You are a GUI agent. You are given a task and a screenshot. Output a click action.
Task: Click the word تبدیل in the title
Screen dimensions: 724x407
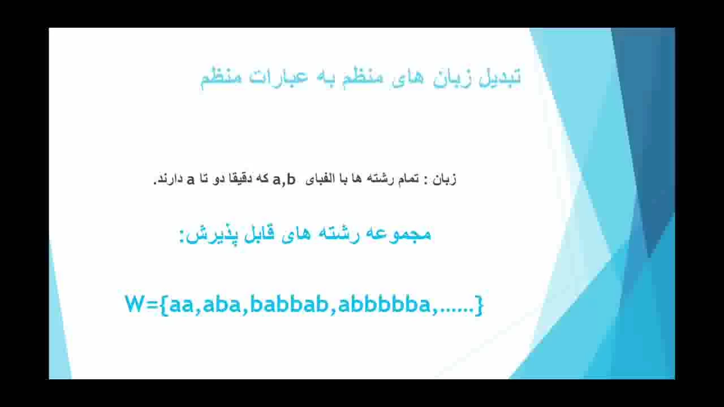(499, 77)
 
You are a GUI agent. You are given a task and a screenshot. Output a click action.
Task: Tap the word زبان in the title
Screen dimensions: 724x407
(450, 78)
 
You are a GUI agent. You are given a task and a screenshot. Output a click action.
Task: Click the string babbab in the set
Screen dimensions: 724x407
(289, 304)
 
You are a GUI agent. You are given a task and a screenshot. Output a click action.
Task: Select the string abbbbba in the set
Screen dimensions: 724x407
(384, 304)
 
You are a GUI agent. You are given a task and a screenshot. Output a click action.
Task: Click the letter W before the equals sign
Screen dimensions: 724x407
(134, 304)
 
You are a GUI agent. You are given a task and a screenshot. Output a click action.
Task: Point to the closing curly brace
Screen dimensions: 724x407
(479, 305)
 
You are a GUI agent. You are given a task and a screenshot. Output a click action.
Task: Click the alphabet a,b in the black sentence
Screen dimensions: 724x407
(284, 180)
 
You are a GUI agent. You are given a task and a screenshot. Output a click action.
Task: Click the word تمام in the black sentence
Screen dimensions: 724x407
(407, 179)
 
